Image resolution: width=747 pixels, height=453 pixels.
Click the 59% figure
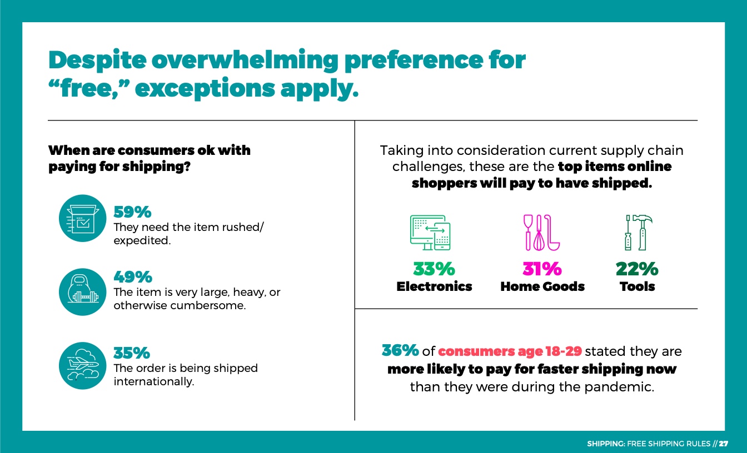pyautogui.click(x=132, y=212)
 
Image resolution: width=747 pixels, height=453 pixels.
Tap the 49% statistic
pyautogui.click(x=133, y=277)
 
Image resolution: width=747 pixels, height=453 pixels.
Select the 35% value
pyautogui.click(x=132, y=353)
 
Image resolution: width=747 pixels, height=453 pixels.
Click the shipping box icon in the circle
pyautogui.click(x=82, y=218)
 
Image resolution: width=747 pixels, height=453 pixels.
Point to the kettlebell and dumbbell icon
pyautogui.click(x=82, y=292)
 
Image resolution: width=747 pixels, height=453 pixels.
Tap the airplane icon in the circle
pyautogui.click(x=82, y=366)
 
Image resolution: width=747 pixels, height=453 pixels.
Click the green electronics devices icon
pyautogui.click(x=430, y=233)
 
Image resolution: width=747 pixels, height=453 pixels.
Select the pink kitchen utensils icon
pyautogui.click(x=541, y=233)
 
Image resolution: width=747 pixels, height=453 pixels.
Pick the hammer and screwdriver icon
pyautogui.click(x=638, y=233)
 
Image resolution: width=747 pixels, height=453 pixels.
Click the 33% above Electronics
pyautogui.click(x=434, y=269)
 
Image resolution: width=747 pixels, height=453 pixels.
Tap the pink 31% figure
pyautogui.click(x=542, y=269)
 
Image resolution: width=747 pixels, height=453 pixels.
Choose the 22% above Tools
pyautogui.click(x=638, y=269)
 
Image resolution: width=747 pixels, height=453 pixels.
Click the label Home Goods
pyautogui.click(x=542, y=286)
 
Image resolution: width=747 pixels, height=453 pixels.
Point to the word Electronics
pyautogui.click(x=434, y=286)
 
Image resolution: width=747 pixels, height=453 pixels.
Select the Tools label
pyautogui.click(x=638, y=286)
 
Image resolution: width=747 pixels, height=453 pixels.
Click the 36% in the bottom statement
pyautogui.click(x=400, y=350)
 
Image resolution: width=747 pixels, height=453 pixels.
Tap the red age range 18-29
pyautogui.click(x=564, y=351)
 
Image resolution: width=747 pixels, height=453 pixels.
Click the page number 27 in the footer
pyautogui.click(x=723, y=444)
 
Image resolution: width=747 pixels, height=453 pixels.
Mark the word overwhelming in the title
pyautogui.click(x=245, y=61)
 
